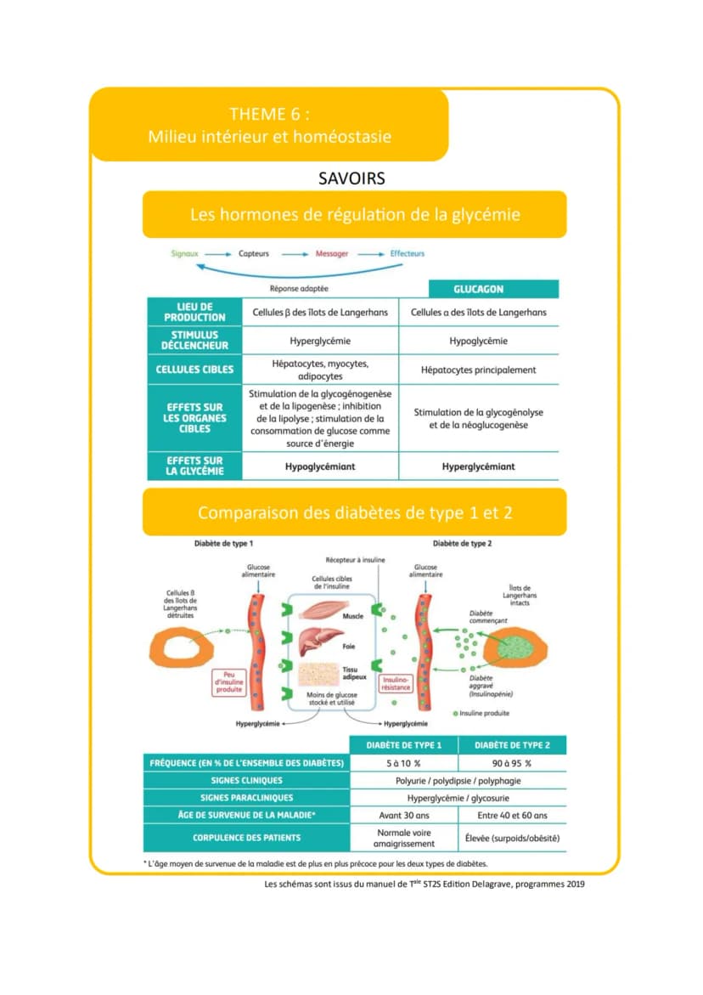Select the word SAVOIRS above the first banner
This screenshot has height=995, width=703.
coord(351,178)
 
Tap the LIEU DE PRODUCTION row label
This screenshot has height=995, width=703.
coord(194,312)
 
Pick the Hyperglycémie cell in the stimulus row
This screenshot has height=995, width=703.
coord(320,341)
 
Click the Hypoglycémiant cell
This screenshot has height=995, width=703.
coord(320,466)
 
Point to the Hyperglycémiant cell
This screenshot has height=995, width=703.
coord(479,466)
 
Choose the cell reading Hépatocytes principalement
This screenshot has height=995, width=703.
coord(479,370)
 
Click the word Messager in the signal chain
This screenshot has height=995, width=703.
coord(332,254)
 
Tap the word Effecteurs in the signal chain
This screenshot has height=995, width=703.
coord(407,253)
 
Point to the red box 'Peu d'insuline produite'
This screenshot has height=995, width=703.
coord(229,682)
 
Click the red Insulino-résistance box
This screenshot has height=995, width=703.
coord(396,683)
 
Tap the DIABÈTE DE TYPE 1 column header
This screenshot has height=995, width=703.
coord(404,745)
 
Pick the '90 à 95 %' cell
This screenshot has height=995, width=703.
coord(512,763)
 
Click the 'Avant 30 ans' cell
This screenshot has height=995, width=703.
coord(404,816)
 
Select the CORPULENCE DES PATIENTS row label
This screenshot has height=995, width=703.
coord(246,838)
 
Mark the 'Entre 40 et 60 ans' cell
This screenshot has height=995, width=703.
coord(512,816)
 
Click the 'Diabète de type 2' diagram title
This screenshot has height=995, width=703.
coord(462,544)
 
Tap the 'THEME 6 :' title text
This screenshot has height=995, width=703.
coord(270,114)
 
